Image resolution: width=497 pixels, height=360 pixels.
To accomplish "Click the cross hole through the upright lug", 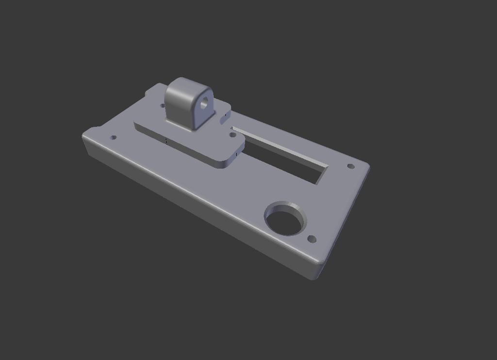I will click(x=204, y=102).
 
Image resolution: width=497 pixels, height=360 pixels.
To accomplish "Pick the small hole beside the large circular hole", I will click(x=312, y=239).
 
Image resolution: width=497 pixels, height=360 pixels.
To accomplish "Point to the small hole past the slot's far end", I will click(x=351, y=167).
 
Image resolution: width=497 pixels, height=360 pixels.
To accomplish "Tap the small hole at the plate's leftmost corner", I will click(x=114, y=137).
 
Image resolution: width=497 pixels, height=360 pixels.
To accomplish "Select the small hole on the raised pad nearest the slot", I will click(x=233, y=136).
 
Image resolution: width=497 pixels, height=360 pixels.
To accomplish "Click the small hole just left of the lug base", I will click(x=163, y=104).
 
